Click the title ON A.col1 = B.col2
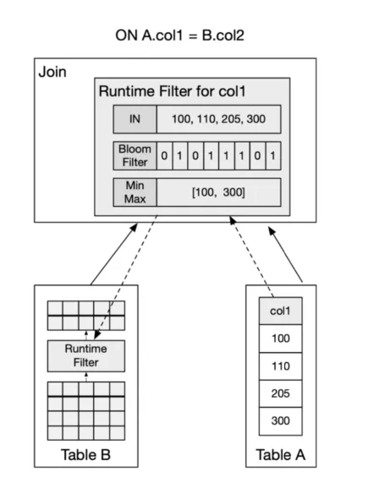179,35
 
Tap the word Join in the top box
52,72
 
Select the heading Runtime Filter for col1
173,91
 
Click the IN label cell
135,119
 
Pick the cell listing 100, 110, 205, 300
218,119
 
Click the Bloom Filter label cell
135,155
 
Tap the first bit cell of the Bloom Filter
164,155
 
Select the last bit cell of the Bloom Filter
273,155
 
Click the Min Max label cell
135,192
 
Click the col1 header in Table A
280,311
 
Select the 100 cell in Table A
280,339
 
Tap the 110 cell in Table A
280,366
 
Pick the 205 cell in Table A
280,393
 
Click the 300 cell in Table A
280,421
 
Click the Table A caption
280,455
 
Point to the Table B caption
85,455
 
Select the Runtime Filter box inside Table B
86,356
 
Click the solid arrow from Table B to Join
114,254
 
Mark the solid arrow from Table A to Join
285,255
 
